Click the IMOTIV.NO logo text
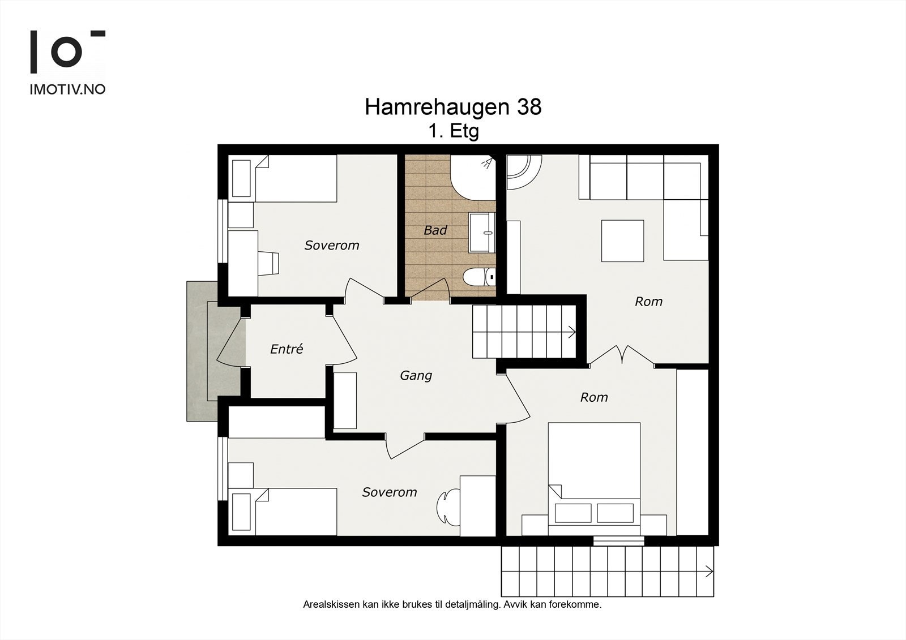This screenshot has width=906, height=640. click(x=67, y=89)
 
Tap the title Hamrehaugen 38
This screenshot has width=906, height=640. click(x=453, y=107)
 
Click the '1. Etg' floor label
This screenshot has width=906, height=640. click(x=454, y=131)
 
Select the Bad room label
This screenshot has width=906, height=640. click(x=435, y=230)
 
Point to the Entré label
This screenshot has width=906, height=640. click(x=287, y=349)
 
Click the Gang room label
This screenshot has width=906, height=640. click(x=416, y=376)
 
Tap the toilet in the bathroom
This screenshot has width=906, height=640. click(x=479, y=277)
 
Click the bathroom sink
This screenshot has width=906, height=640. click(x=482, y=233)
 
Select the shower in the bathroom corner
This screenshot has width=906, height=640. click(x=473, y=178)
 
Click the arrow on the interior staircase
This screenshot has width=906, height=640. click(x=572, y=332)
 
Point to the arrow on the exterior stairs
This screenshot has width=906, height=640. click(x=709, y=572)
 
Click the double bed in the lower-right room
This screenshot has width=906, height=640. click(x=594, y=479)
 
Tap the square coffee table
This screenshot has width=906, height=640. click(x=622, y=241)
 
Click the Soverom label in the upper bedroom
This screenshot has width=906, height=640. click(x=332, y=245)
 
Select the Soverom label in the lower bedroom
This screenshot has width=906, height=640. click(x=390, y=492)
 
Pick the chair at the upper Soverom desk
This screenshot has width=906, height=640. click(x=268, y=264)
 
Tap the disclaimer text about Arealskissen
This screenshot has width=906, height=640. click(x=452, y=605)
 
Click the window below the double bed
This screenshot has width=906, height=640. click(x=619, y=540)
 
